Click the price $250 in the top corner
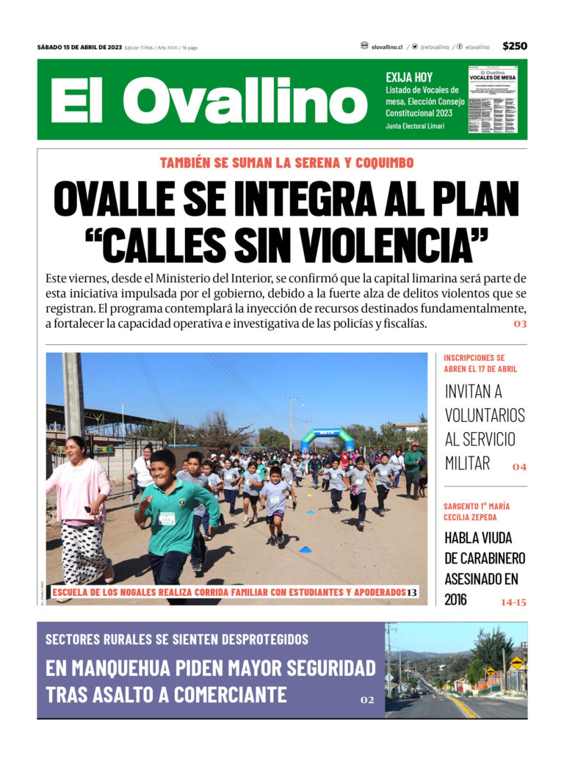(x=515, y=46)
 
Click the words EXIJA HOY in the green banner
(x=409, y=77)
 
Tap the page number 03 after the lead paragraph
(x=520, y=324)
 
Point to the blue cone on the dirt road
(x=305, y=549)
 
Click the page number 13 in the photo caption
(x=412, y=592)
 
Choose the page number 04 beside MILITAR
(x=519, y=467)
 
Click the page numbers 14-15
(x=513, y=602)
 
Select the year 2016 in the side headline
(x=455, y=600)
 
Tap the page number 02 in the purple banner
(x=367, y=700)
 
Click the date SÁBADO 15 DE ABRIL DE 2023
(x=79, y=48)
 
